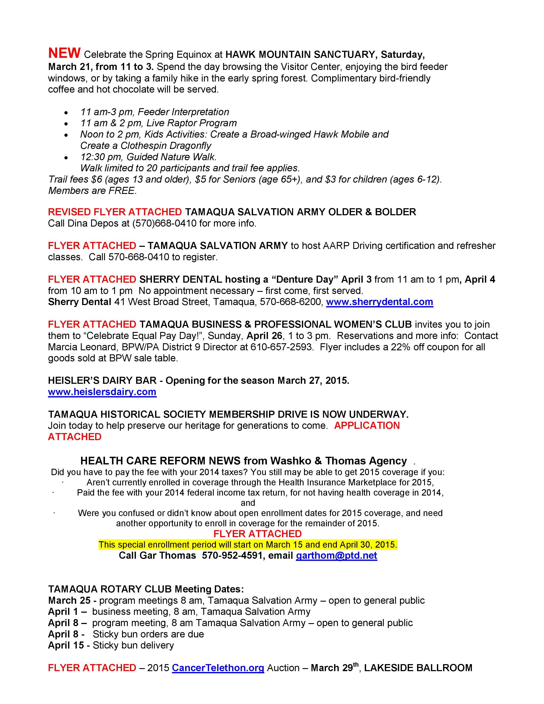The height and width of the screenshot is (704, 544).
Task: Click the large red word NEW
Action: click(x=64, y=53)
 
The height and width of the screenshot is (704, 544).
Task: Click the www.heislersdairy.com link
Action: click(x=102, y=392)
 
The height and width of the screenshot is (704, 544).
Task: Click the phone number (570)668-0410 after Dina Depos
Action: click(x=164, y=223)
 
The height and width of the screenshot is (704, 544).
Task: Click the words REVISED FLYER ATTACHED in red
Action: click(x=115, y=212)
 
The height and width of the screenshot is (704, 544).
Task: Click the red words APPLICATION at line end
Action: click(x=367, y=426)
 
